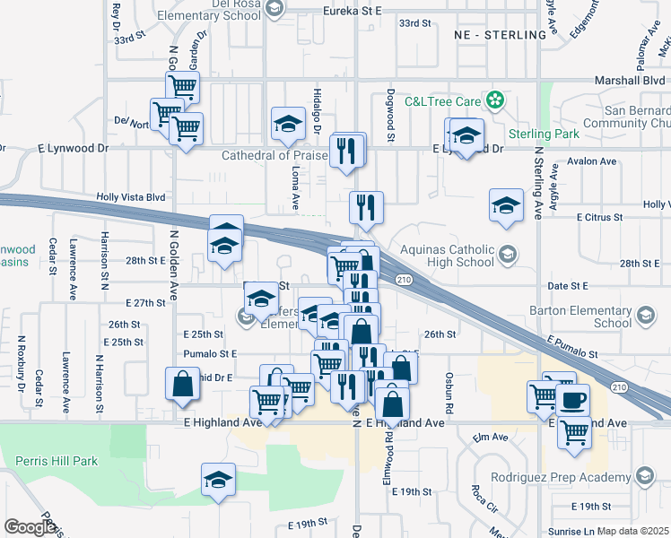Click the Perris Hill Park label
pyautogui.click(x=56, y=461)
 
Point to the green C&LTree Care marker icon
pyautogui.click(x=493, y=99)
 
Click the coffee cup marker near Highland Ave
pyautogui.click(x=573, y=399)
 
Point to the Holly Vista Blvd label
pyautogui.click(x=131, y=197)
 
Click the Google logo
pyautogui.click(x=30, y=526)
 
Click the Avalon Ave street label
pyautogui.click(x=594, y=162)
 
